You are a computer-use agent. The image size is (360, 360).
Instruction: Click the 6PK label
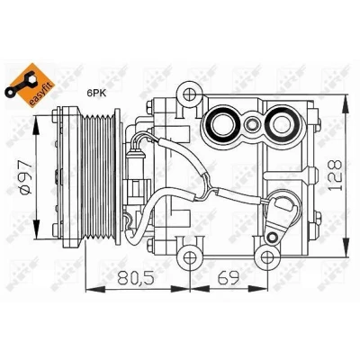click(95, 93)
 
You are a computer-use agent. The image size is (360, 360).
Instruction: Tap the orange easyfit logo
click(30, 85)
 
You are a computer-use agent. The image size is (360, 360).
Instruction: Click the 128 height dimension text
click(335, 175)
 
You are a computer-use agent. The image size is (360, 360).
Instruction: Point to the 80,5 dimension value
click(136, 278)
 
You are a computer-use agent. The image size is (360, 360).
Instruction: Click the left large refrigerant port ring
click(220, 123)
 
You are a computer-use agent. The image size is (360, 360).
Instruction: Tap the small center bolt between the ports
click(251, 123)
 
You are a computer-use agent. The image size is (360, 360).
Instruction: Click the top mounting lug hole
click(189, 95)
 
